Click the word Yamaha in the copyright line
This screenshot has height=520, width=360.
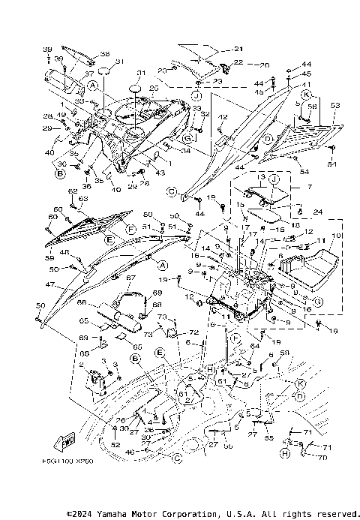coord(115,514)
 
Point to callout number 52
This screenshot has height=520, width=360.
coord(115,446)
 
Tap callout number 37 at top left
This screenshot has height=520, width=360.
coord(89,74)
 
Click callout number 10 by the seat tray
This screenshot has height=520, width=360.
coord(336,236)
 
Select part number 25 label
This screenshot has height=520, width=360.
coord(154,89)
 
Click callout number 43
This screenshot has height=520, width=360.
coord(160,173)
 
